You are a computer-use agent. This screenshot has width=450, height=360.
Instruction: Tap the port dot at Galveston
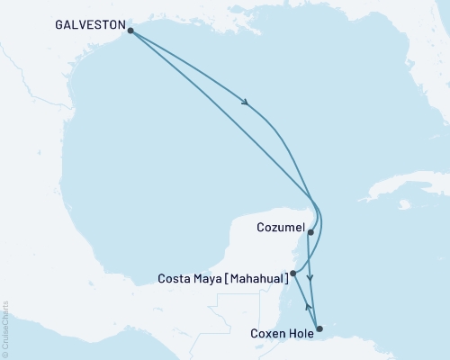tap(131, 31)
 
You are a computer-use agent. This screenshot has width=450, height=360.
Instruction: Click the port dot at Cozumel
tap(310, 232)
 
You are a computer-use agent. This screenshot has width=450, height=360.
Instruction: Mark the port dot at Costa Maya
tap(293, 272)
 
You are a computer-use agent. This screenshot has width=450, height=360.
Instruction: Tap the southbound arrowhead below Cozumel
tap(310, 278)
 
